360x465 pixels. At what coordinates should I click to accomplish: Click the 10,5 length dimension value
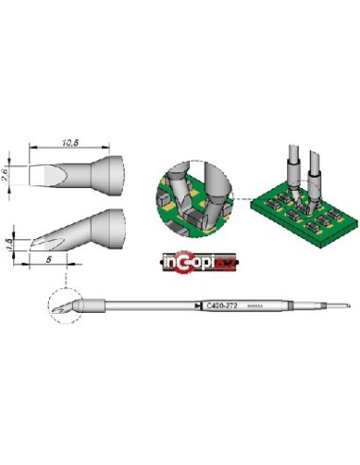68,142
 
